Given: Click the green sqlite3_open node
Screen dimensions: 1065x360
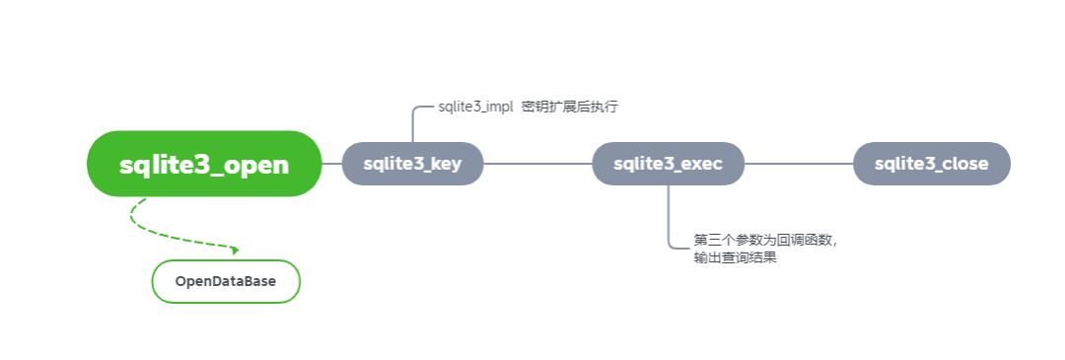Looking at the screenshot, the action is click(204, 164).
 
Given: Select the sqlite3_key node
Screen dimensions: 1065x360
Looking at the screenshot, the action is click(412, 164).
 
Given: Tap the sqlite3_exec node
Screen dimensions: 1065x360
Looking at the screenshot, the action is click(669, 164).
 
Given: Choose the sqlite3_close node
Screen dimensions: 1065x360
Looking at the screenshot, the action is click(932, 164).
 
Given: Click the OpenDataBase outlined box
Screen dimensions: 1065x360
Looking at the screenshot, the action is click(226, 281).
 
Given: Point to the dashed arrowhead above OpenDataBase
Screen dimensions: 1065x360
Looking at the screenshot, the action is click(235, 250).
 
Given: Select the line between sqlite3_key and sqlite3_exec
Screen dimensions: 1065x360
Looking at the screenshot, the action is click(538, 164).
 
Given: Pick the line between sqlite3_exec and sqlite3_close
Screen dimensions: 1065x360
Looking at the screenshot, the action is click(799, 164).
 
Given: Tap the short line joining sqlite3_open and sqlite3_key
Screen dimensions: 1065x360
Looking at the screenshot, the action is click(331, 164).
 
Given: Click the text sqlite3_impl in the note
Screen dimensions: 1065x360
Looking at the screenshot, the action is click(475, 107).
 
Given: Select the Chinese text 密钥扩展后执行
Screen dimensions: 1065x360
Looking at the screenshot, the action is click(570, 107).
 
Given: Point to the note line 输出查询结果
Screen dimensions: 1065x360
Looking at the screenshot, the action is click(735, 258).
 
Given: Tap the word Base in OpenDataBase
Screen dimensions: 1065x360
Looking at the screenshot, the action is click(261, 281).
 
